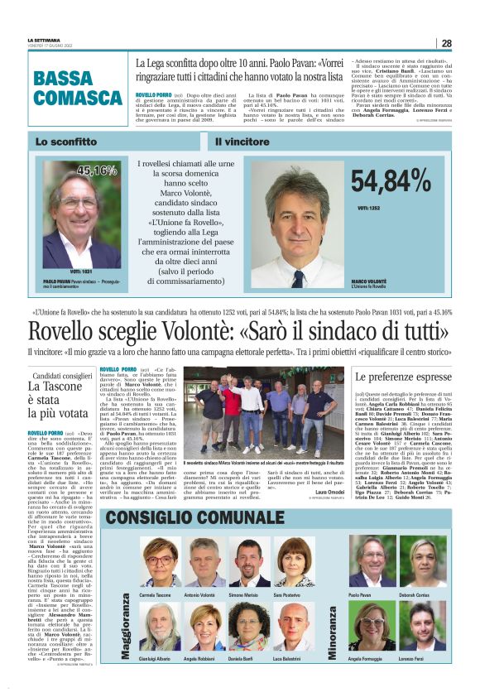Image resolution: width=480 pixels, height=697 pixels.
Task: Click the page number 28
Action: pyautogui.click(x=446, y=44)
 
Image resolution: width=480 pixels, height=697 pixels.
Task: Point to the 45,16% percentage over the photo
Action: pyautogui.click(x=97, y=171)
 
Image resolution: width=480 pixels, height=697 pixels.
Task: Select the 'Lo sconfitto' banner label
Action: pyautogui.click(x=66, y=142)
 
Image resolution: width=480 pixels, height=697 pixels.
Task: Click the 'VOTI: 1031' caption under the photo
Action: pyautogui.click(x=81, y=271)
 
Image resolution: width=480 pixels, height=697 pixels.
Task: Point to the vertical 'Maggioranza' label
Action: pyautogui.click(x=127, y=622)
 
